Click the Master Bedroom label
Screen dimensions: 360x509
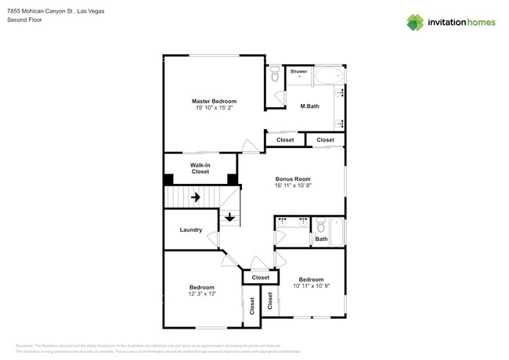[214, 101]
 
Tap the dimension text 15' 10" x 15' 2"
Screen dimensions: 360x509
[214, 108]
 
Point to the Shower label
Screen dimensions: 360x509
[299, 71]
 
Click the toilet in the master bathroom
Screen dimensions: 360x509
[275, 74]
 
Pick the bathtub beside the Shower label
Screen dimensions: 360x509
[329, 75]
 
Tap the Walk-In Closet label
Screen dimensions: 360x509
[200, 167]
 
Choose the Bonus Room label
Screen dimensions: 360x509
[292, 179]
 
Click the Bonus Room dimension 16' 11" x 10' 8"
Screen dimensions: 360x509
[292, 186]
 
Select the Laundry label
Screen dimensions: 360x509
[191, 230]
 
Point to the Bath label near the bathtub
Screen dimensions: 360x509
[321, 239]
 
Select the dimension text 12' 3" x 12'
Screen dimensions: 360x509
[201, 294]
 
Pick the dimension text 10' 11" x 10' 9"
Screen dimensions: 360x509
[311, 286]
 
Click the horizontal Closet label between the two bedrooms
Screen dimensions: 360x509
[260, 277]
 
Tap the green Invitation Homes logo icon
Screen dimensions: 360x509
[415, 22]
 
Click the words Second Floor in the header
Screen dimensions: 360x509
[24, 20]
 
